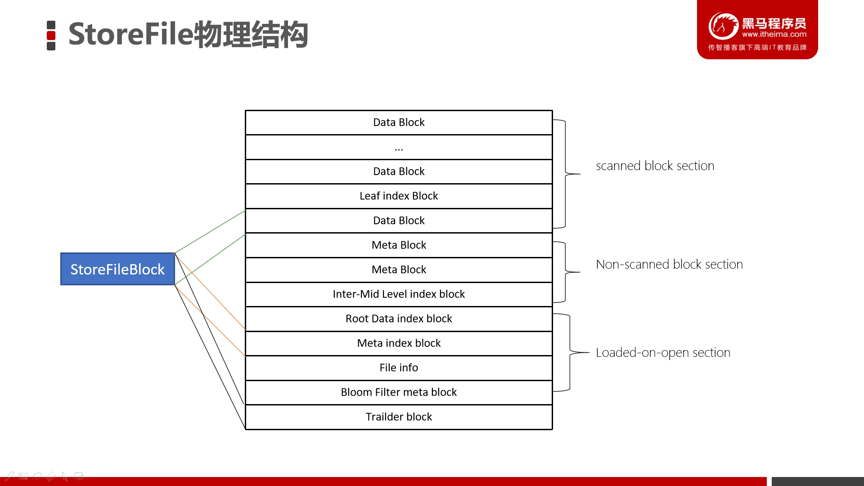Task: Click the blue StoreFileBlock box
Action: [x=117, y=269]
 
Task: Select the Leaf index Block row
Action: [x=399, y=196]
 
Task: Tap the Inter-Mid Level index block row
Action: [x=399, y=294]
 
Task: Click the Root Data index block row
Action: [x=399, y=319]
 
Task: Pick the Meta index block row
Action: [x=399, y=343]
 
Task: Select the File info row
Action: [x=399, y=368]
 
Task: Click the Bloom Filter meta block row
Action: [x=399, y=392]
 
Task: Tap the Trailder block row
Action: [x=399, y=417]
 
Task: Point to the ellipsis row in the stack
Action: [x=399, y=147]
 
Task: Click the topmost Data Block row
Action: [x=399, y=122]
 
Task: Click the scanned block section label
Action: [x=655, y=166]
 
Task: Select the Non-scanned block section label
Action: [x=669, y=264]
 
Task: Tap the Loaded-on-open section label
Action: [x=663, y=353]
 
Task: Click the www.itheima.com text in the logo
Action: [x=774, y=34]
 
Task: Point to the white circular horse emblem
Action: [x=723, y=26]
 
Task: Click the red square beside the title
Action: [x=51, y=36]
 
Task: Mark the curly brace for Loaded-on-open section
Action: [x=570, y=352]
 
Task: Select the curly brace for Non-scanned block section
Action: [x=566, y=272]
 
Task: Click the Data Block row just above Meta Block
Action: [x=399, y=220]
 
